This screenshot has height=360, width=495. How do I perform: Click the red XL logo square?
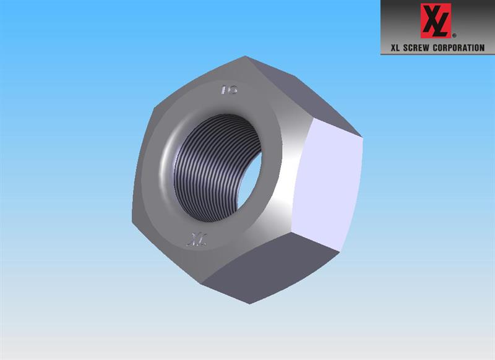[436, 21]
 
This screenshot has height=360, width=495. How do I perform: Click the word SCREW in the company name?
[416, 48]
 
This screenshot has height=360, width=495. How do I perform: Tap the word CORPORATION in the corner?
[458, 48]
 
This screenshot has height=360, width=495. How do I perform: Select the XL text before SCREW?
[395, 48]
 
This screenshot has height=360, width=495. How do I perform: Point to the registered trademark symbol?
[454, 36]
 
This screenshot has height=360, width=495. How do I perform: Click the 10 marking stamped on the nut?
[229, 90]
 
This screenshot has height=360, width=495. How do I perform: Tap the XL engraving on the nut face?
[196, 239]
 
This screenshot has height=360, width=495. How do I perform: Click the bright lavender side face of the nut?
[329, 184]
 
